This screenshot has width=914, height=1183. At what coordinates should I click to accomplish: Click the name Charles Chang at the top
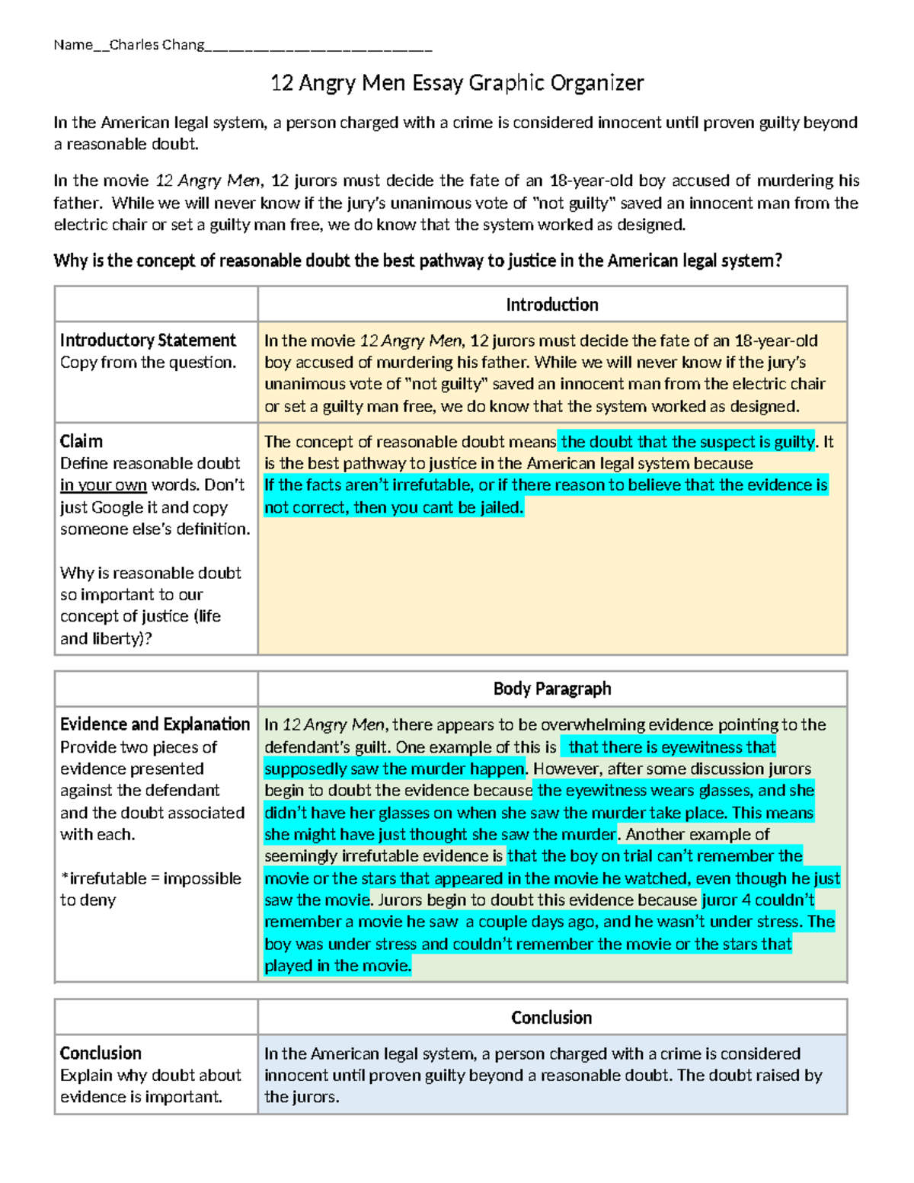pyautogui.click(x=156, y=45)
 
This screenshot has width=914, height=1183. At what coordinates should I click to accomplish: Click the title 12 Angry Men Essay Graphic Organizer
pyautogui.click(x=457, y=82)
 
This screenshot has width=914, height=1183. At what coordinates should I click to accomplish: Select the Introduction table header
pyautogui.click(x=551, y=305)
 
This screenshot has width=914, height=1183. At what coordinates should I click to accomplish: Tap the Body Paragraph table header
pyautogui.click(x=551, y=689)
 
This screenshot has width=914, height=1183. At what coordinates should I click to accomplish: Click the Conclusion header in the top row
pyautogui.click(x=551, y=1018)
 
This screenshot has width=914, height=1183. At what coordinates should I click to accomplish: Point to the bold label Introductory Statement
pyautogui.click(x=148, y=341)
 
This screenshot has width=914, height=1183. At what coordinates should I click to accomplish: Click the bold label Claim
pyautogui.click(x=81, y=442)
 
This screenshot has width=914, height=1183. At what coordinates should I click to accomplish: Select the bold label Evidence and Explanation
pyautogui.click(x=155, y=724)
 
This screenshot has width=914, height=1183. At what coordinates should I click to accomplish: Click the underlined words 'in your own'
pyautogui.click(x=104, y=485)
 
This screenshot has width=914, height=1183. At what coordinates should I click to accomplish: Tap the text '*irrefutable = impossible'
pyautogui.click(x=150, y=878)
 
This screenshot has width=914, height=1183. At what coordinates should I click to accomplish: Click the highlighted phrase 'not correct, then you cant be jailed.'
pyautogui.click(x=394, y=507)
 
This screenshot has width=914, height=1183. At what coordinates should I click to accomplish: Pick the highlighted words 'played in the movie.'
pyautogui.click(x=337, y=966)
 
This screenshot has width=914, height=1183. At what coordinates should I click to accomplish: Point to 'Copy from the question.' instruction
pyautogui.click(x=148, y=363)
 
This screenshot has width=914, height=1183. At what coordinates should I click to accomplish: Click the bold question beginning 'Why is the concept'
pyautogui.click(x=417, y=261)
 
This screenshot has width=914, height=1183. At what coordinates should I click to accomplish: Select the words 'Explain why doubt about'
pyautogui.click(x=150, y=1076)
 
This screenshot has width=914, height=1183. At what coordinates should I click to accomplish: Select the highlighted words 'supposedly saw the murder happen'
pyautogui.click(x=395, y=769)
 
